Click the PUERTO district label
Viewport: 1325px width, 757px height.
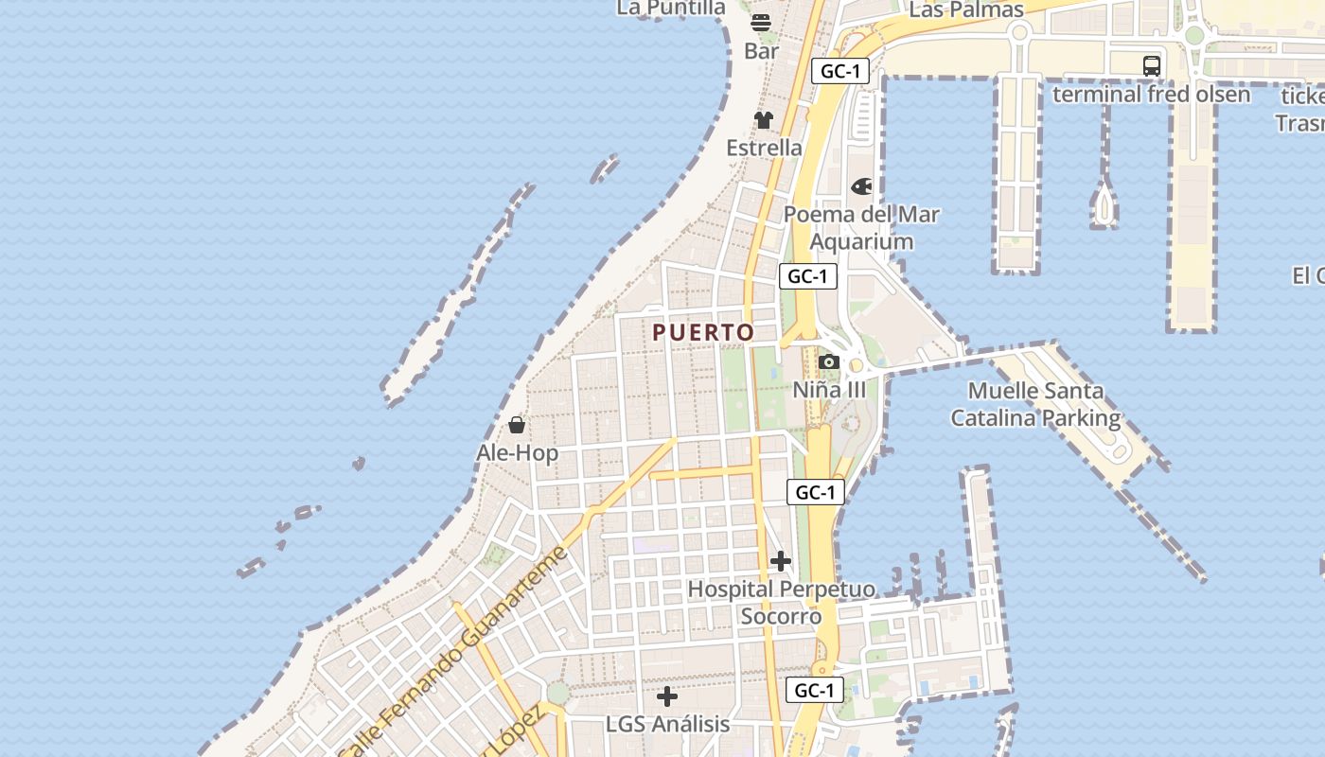703,332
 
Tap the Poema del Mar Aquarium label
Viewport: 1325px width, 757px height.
861,228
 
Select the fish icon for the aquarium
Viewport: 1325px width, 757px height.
861,186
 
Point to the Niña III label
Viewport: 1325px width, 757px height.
829,390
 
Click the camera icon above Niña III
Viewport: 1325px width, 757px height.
829,361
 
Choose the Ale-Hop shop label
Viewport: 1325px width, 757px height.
517,453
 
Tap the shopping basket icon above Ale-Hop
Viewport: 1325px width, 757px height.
517,425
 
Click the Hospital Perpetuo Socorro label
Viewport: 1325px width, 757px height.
781,603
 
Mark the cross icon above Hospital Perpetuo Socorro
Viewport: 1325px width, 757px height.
781,562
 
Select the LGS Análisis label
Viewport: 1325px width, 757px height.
667,725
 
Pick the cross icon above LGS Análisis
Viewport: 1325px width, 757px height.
667,696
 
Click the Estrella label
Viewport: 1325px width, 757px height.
764,148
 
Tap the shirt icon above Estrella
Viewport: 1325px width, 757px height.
764,120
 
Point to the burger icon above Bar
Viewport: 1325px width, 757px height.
762,23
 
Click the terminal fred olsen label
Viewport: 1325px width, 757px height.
1151,94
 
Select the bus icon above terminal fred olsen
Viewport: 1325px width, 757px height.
1151,65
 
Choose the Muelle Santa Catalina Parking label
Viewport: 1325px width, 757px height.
1035,404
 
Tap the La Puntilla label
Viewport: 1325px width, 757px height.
671,8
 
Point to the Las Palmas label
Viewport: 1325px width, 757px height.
966,9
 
